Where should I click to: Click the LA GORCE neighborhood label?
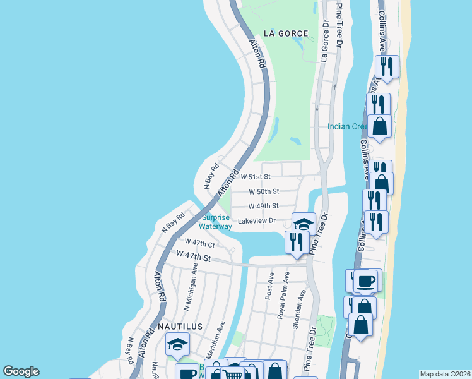[x=286, y=33]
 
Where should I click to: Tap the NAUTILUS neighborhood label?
[x=180, y=327]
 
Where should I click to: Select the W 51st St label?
[x=254, y=176]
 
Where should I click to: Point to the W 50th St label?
[x=263, y=191]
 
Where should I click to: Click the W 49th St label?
[x=263, y=206]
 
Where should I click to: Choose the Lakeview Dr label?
[x=257, y=221]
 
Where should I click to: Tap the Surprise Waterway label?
[x=216, y=222]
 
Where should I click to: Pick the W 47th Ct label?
[x=199, y=243]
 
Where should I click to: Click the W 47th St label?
[x=193, y=256]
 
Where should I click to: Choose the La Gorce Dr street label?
[x=325, y=39]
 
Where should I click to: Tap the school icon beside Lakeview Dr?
[x=304, y=224]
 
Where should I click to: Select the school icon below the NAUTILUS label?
[x=177, y=345]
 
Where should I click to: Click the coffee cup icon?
[x=366, y=280]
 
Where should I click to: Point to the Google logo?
[x=21, y=371]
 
